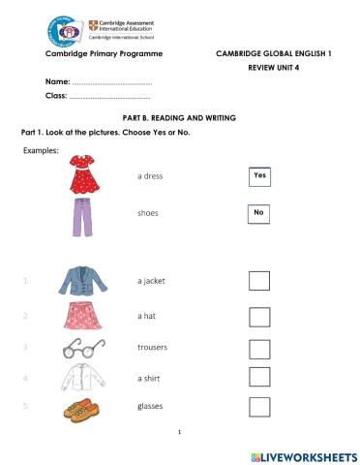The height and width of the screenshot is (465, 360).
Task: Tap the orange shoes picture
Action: coord(83,408)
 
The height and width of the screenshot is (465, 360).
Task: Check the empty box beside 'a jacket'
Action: coord(259,281)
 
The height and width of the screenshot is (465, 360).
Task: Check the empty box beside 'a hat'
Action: coord(259,317)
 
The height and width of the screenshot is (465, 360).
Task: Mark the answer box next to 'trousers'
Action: coord(259,348)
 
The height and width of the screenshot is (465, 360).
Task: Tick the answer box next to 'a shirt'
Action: coord(259,377)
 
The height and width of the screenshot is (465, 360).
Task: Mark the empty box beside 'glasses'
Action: coord(259,407)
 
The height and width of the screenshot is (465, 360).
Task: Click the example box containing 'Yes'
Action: coord(259,175)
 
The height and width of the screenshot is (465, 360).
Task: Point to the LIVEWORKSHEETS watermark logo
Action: coord(303,454)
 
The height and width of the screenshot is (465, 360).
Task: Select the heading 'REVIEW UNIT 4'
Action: coord(274,70)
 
